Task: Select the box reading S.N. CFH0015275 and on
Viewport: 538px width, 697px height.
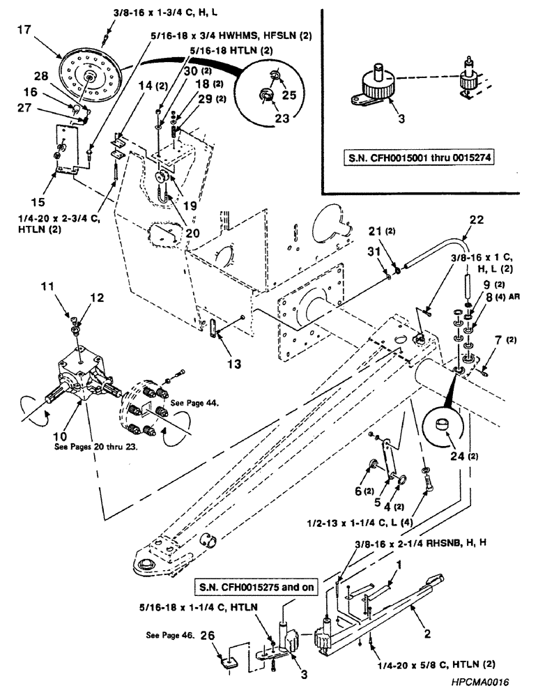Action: [x=252, y=587]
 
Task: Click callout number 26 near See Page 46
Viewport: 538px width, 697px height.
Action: [x=208, y=635]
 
